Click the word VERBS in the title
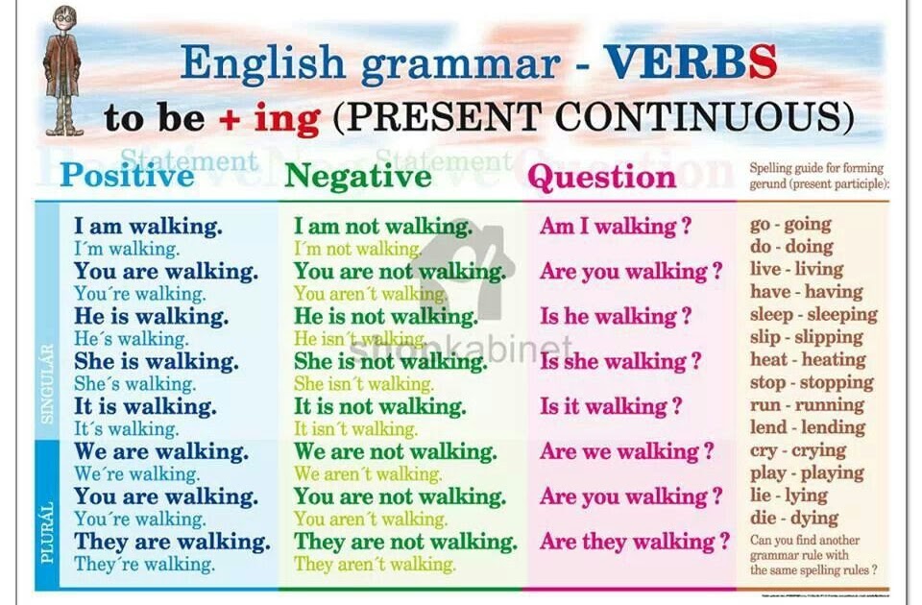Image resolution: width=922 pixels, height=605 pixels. [x=690, y=62]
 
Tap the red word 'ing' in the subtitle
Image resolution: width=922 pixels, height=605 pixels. [x=287, y=118]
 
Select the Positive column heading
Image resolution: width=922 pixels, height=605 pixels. [x=126, y=177]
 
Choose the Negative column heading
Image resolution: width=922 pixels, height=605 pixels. [x=358, y=177]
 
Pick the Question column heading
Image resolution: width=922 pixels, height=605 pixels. [x=602, y=178]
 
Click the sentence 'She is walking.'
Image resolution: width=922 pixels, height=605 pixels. [x=157, y=362]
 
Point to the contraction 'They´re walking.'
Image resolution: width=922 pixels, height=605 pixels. [x=145, y=564]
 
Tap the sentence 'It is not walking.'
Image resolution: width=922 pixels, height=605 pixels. [x=379, y=406]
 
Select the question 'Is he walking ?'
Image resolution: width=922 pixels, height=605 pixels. [x=616, y=316]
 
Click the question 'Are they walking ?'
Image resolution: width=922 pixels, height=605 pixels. [x=635, y=542]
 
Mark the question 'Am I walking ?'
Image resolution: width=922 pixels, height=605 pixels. [x=616, y=227]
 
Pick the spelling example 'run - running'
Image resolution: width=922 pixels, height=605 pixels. [x=807, y=404]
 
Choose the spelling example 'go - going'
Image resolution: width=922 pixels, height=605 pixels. [x=790, y=225]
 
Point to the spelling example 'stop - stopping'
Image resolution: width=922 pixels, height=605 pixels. [x=812, y=382]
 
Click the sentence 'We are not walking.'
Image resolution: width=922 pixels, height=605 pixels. [x=395, y=451]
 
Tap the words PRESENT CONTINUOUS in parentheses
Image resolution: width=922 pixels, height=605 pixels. [x=594, y=117]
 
